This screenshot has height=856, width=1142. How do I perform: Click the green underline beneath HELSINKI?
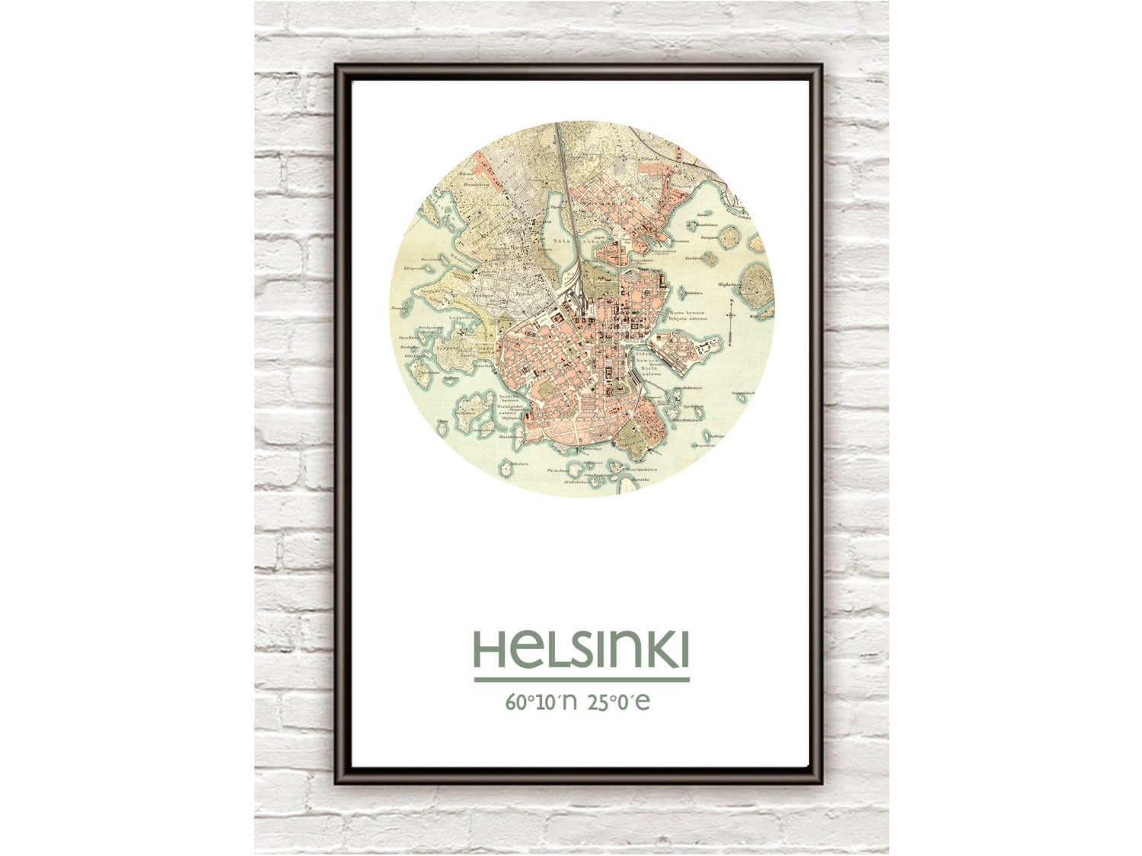[x=582, y=679]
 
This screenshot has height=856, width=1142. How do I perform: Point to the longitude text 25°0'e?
[x=619, y=702]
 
